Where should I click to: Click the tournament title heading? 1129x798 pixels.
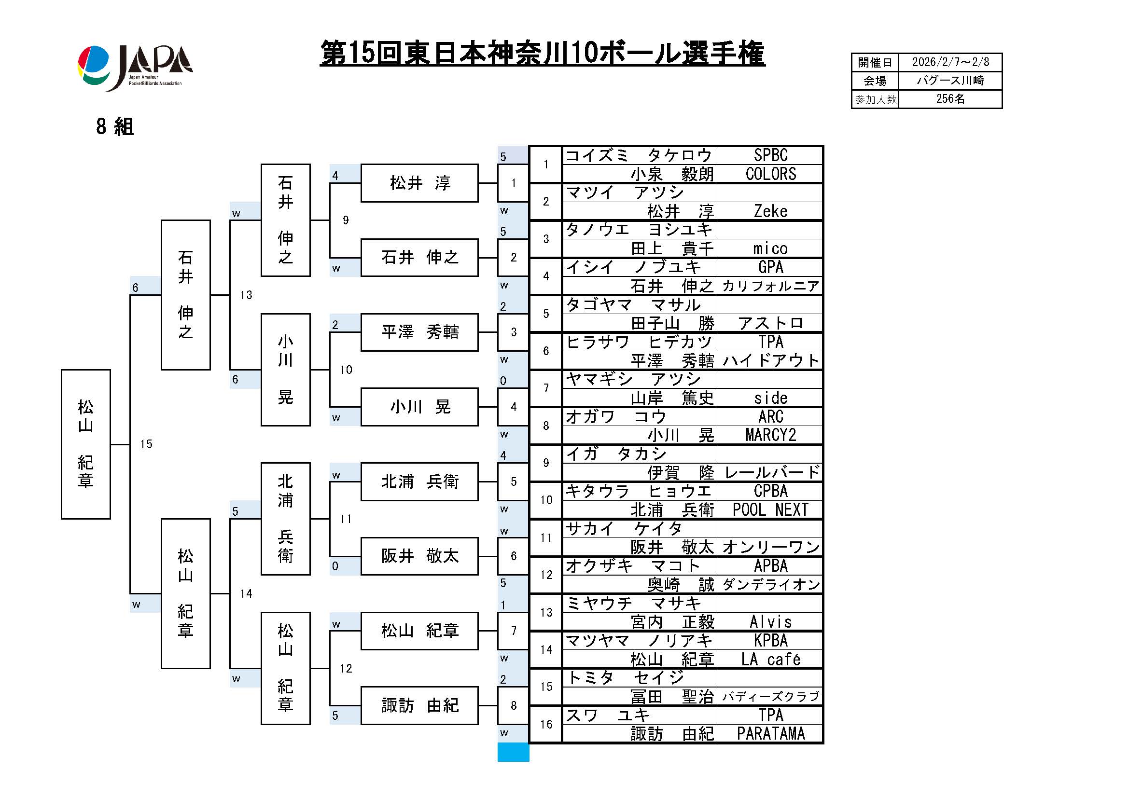[x=542, y=53]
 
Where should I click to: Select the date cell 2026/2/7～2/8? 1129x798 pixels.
[x=949, y=62]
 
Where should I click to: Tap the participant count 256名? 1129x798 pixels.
[x=949, y=99]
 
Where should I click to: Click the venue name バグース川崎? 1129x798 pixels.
[x=949, y=81]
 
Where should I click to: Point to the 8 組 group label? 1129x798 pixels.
[x=114, y=127]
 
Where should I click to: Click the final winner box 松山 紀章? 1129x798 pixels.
[x=85, y=444]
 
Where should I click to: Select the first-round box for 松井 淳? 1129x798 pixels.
[x=419, y=183]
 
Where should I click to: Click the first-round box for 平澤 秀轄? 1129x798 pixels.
[x=419, y=332]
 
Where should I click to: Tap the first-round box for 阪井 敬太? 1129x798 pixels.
[x=419, y=556]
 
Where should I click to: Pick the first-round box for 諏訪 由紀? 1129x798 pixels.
[x=419, y=705]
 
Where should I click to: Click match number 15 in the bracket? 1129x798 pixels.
[x=146, y=444]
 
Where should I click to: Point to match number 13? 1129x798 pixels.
[x=246, y=295]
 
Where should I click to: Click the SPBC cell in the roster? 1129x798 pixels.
[x=770, y=155]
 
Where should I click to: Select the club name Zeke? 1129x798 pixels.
[x=770, y=211]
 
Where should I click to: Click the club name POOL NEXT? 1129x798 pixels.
[x=770, y=509]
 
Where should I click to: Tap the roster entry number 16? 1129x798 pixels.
[x=546, y=724]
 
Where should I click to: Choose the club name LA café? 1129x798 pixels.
[x=770, y=659]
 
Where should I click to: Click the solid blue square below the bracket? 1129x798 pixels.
[x=513, y=752]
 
